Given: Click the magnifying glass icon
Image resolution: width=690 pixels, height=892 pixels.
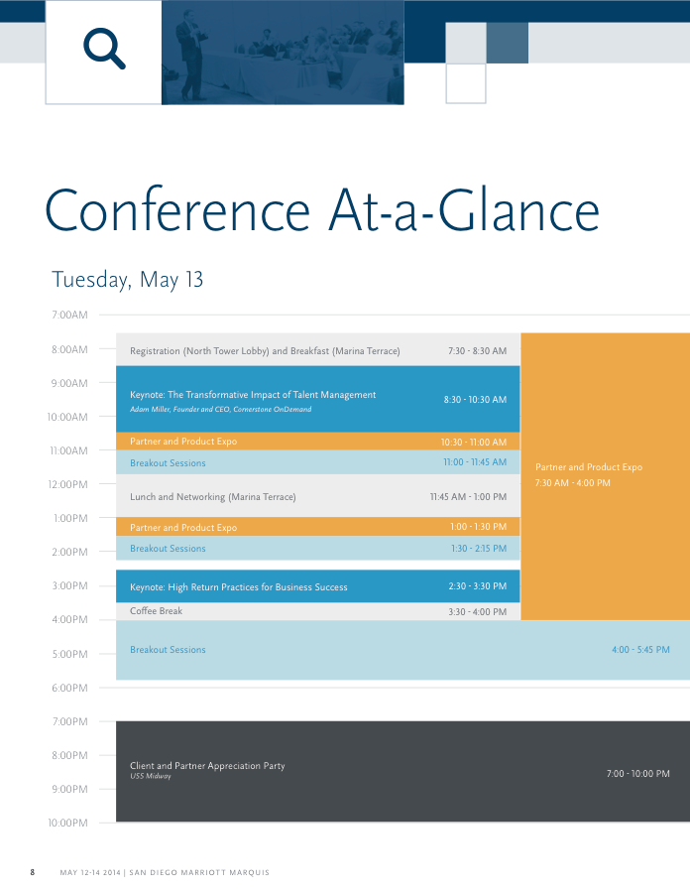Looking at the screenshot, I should (104, 48).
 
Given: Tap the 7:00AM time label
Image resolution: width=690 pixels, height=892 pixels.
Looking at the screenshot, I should (68, 316).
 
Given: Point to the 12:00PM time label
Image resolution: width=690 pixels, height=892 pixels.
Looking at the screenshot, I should (67, 484).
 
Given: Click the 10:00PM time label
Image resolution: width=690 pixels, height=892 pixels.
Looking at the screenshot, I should (67, 824).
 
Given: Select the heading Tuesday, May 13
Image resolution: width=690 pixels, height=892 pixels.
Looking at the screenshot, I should (128, 280).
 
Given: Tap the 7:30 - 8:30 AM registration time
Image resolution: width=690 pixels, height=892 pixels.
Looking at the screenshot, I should (477, 351).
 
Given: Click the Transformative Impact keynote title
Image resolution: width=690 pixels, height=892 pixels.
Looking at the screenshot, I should (253, 395).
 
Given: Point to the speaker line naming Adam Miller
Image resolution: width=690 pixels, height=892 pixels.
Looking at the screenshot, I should (220, 409).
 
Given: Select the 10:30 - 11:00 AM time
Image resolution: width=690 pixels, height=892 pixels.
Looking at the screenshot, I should (474, 443).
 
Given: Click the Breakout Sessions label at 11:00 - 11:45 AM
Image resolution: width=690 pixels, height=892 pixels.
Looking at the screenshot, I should (168, 463).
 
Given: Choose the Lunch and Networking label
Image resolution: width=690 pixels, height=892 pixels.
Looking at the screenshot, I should (213, 497).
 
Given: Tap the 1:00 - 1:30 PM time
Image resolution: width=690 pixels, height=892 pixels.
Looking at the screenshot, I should (478, 528).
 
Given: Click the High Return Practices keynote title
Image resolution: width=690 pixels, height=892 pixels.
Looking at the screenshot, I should (239, 587).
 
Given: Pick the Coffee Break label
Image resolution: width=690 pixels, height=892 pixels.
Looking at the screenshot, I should (157, 611).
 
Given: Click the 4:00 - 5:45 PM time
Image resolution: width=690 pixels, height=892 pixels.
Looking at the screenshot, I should (640, 650).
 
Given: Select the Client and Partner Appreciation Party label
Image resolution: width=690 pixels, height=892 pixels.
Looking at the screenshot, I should (207, 766).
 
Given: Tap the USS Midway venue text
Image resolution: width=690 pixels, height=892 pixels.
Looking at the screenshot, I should (151, 777).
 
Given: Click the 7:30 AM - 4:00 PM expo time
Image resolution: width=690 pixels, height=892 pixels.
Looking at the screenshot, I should (573, 483).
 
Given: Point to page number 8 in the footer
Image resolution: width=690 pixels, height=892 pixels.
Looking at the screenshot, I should (33, 873).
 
